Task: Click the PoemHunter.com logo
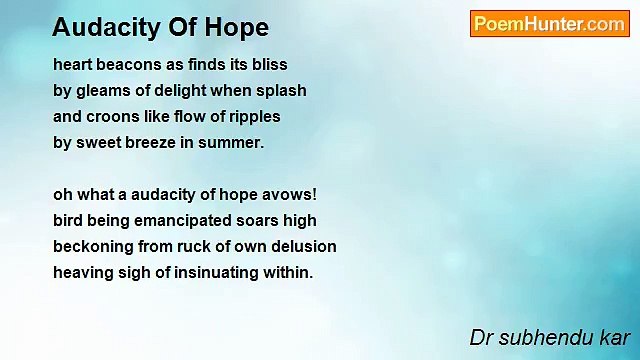[549, 24]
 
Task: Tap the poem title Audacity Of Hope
[160, 27]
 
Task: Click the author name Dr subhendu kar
[550, 338]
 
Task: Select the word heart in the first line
[73, 64]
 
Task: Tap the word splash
[283, 90]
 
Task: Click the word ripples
[253, 116]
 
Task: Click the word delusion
[302, 246]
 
